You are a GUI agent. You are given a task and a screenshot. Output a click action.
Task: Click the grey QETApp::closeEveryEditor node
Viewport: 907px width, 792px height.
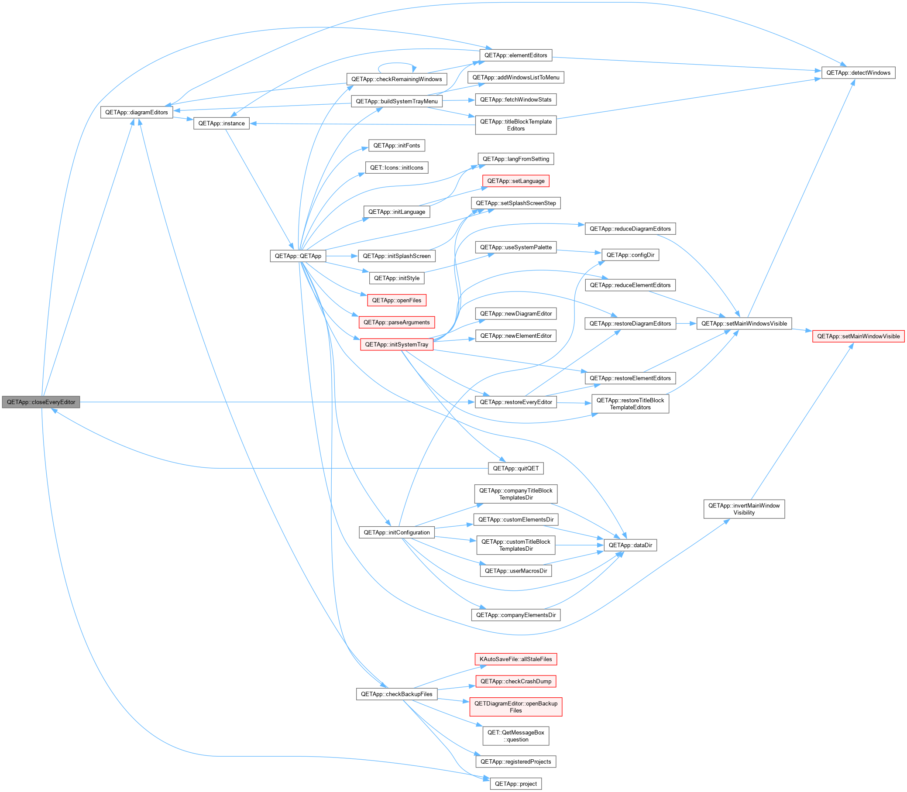click(x=41, y=402)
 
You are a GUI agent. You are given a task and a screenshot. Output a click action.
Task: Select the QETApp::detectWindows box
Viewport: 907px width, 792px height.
click(x=859, y=72)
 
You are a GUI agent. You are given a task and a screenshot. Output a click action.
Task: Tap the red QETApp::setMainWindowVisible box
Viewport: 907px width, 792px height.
click(x=859, y=336)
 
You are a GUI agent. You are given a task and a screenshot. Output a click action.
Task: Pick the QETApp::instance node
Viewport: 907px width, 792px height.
click(x=221, y=123)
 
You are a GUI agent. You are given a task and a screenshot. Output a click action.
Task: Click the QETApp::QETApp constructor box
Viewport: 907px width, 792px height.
click(x=298, y=256)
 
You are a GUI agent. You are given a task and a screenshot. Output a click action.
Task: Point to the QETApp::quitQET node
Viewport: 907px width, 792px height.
click(x=516, y=469)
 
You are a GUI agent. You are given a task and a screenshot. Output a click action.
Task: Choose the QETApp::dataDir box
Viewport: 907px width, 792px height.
click(x=630, y=545)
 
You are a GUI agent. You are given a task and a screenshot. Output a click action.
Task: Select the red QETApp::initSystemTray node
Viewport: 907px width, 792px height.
click(x=396, y=345)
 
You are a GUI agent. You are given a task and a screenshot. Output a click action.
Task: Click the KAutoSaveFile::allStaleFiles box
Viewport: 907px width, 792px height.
click(x=516, y=659)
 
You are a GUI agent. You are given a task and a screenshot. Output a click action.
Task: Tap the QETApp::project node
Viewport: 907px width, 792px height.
click(x=516, y=784)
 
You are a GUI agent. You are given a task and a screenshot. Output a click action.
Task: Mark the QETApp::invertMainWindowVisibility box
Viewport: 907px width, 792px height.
click(x=744, y=509)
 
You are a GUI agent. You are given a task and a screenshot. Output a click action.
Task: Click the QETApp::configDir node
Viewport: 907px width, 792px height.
click(x=630, y=255)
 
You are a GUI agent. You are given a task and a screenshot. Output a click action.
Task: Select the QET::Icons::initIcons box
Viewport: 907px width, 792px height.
click(x=396, y=168)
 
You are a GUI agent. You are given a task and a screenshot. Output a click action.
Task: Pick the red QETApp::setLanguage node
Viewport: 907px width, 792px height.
click(x=516, y=181)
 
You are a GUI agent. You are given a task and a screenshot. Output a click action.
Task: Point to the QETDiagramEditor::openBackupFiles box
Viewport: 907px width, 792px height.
click(x=516, y=707)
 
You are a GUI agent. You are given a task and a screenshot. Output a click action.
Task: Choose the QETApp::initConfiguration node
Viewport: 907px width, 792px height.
click(x=396, y=532)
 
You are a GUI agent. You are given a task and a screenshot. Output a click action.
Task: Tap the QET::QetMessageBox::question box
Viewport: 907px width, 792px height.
click(x=516, y=736)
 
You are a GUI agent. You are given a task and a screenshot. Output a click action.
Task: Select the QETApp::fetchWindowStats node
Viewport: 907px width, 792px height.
click(x=516, y=99)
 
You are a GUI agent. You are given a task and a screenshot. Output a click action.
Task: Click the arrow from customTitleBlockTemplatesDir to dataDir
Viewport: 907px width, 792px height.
click(x=580, y=545)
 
